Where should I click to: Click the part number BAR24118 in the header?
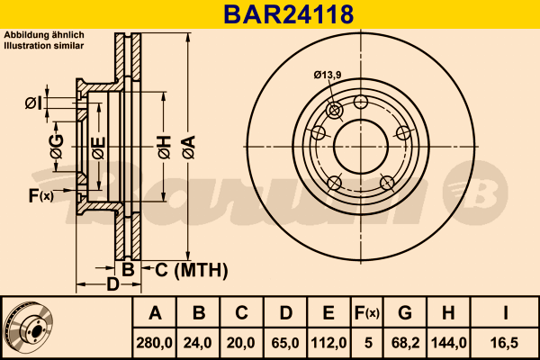[289, 14]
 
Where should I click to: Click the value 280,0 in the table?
[154, 343]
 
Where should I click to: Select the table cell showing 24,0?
[197, 343]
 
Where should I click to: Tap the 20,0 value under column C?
[240, 343]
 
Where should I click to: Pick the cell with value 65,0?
[285, 343]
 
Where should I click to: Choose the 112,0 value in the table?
[328, 343]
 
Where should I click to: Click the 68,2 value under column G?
[405, 343]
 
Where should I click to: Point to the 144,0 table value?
[449, 343]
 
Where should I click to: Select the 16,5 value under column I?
[505, 343]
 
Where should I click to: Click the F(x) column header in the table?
[367, 313]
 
